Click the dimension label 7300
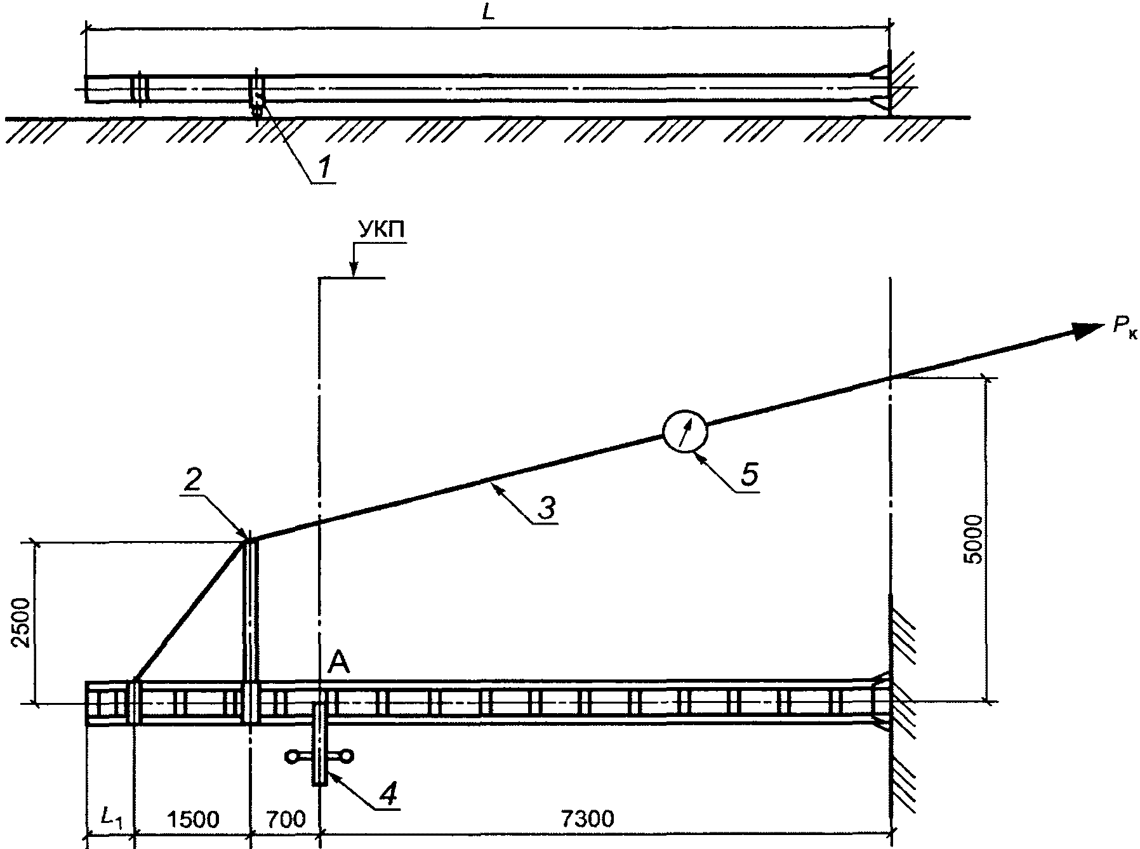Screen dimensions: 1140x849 [587, 819]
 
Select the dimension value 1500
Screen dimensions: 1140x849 [192, 819]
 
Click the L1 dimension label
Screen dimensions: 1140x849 [111, 819]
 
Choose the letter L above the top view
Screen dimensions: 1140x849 [489, 13]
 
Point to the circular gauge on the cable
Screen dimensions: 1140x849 [684, 432]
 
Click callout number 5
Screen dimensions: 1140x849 [750, 475]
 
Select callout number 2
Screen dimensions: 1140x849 [192, 481]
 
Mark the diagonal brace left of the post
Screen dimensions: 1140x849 [190, 610]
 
